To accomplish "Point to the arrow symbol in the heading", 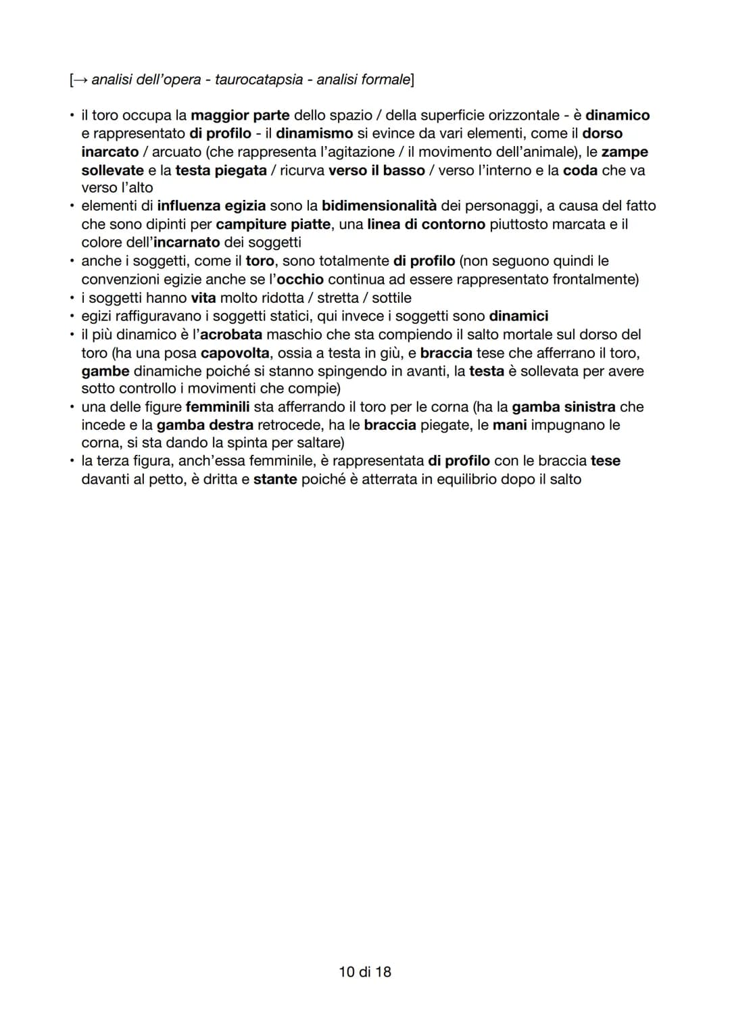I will click(x=79, y=80).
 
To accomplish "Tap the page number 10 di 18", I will click(x=364, y=972).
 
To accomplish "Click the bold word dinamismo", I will click(x=314, y=134).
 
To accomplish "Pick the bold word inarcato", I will click(x=109, y=152).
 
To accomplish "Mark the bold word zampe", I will click(x=625, y=152).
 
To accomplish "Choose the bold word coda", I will click(x=580, y=170).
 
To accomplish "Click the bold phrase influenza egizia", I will click(x=211, y=205).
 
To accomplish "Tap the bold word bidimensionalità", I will click(x=379, y=205).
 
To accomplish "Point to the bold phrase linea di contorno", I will click(x=426, y=224).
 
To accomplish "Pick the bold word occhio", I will click(x=300, y=279).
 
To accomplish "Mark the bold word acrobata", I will click(x=230, y=335).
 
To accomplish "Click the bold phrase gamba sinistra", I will click(x=564, y=407).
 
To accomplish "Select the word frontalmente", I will click(x=594, y=279).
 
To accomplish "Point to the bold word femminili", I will click(x=217, y=407).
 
